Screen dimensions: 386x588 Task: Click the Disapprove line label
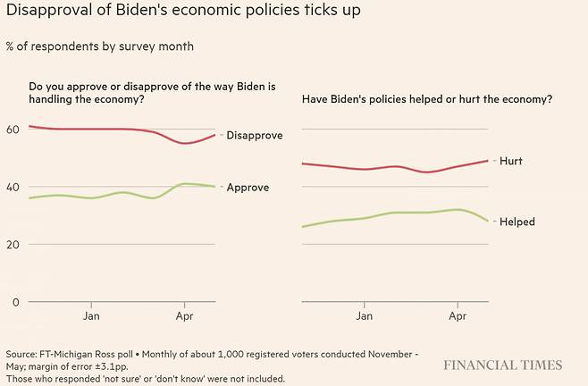click(x=255, y=136)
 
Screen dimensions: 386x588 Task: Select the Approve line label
click(x=248, y=188)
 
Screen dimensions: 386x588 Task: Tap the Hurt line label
click(x=512, y=162)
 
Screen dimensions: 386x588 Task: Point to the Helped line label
click(x=517, y=222)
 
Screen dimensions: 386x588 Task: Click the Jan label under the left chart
click(x=91, y=316)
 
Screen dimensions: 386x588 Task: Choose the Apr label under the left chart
click(x=185, y=316)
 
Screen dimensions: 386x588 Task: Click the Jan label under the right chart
click(x=364, y=316)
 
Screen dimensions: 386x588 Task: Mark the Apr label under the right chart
click(x=458, y=316)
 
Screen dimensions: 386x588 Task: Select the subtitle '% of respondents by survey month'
click(x=99, y=46)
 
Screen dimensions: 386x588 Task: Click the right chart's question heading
click(x=426, y=98)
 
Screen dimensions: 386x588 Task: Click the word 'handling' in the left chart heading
click(x=55, y=98)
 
